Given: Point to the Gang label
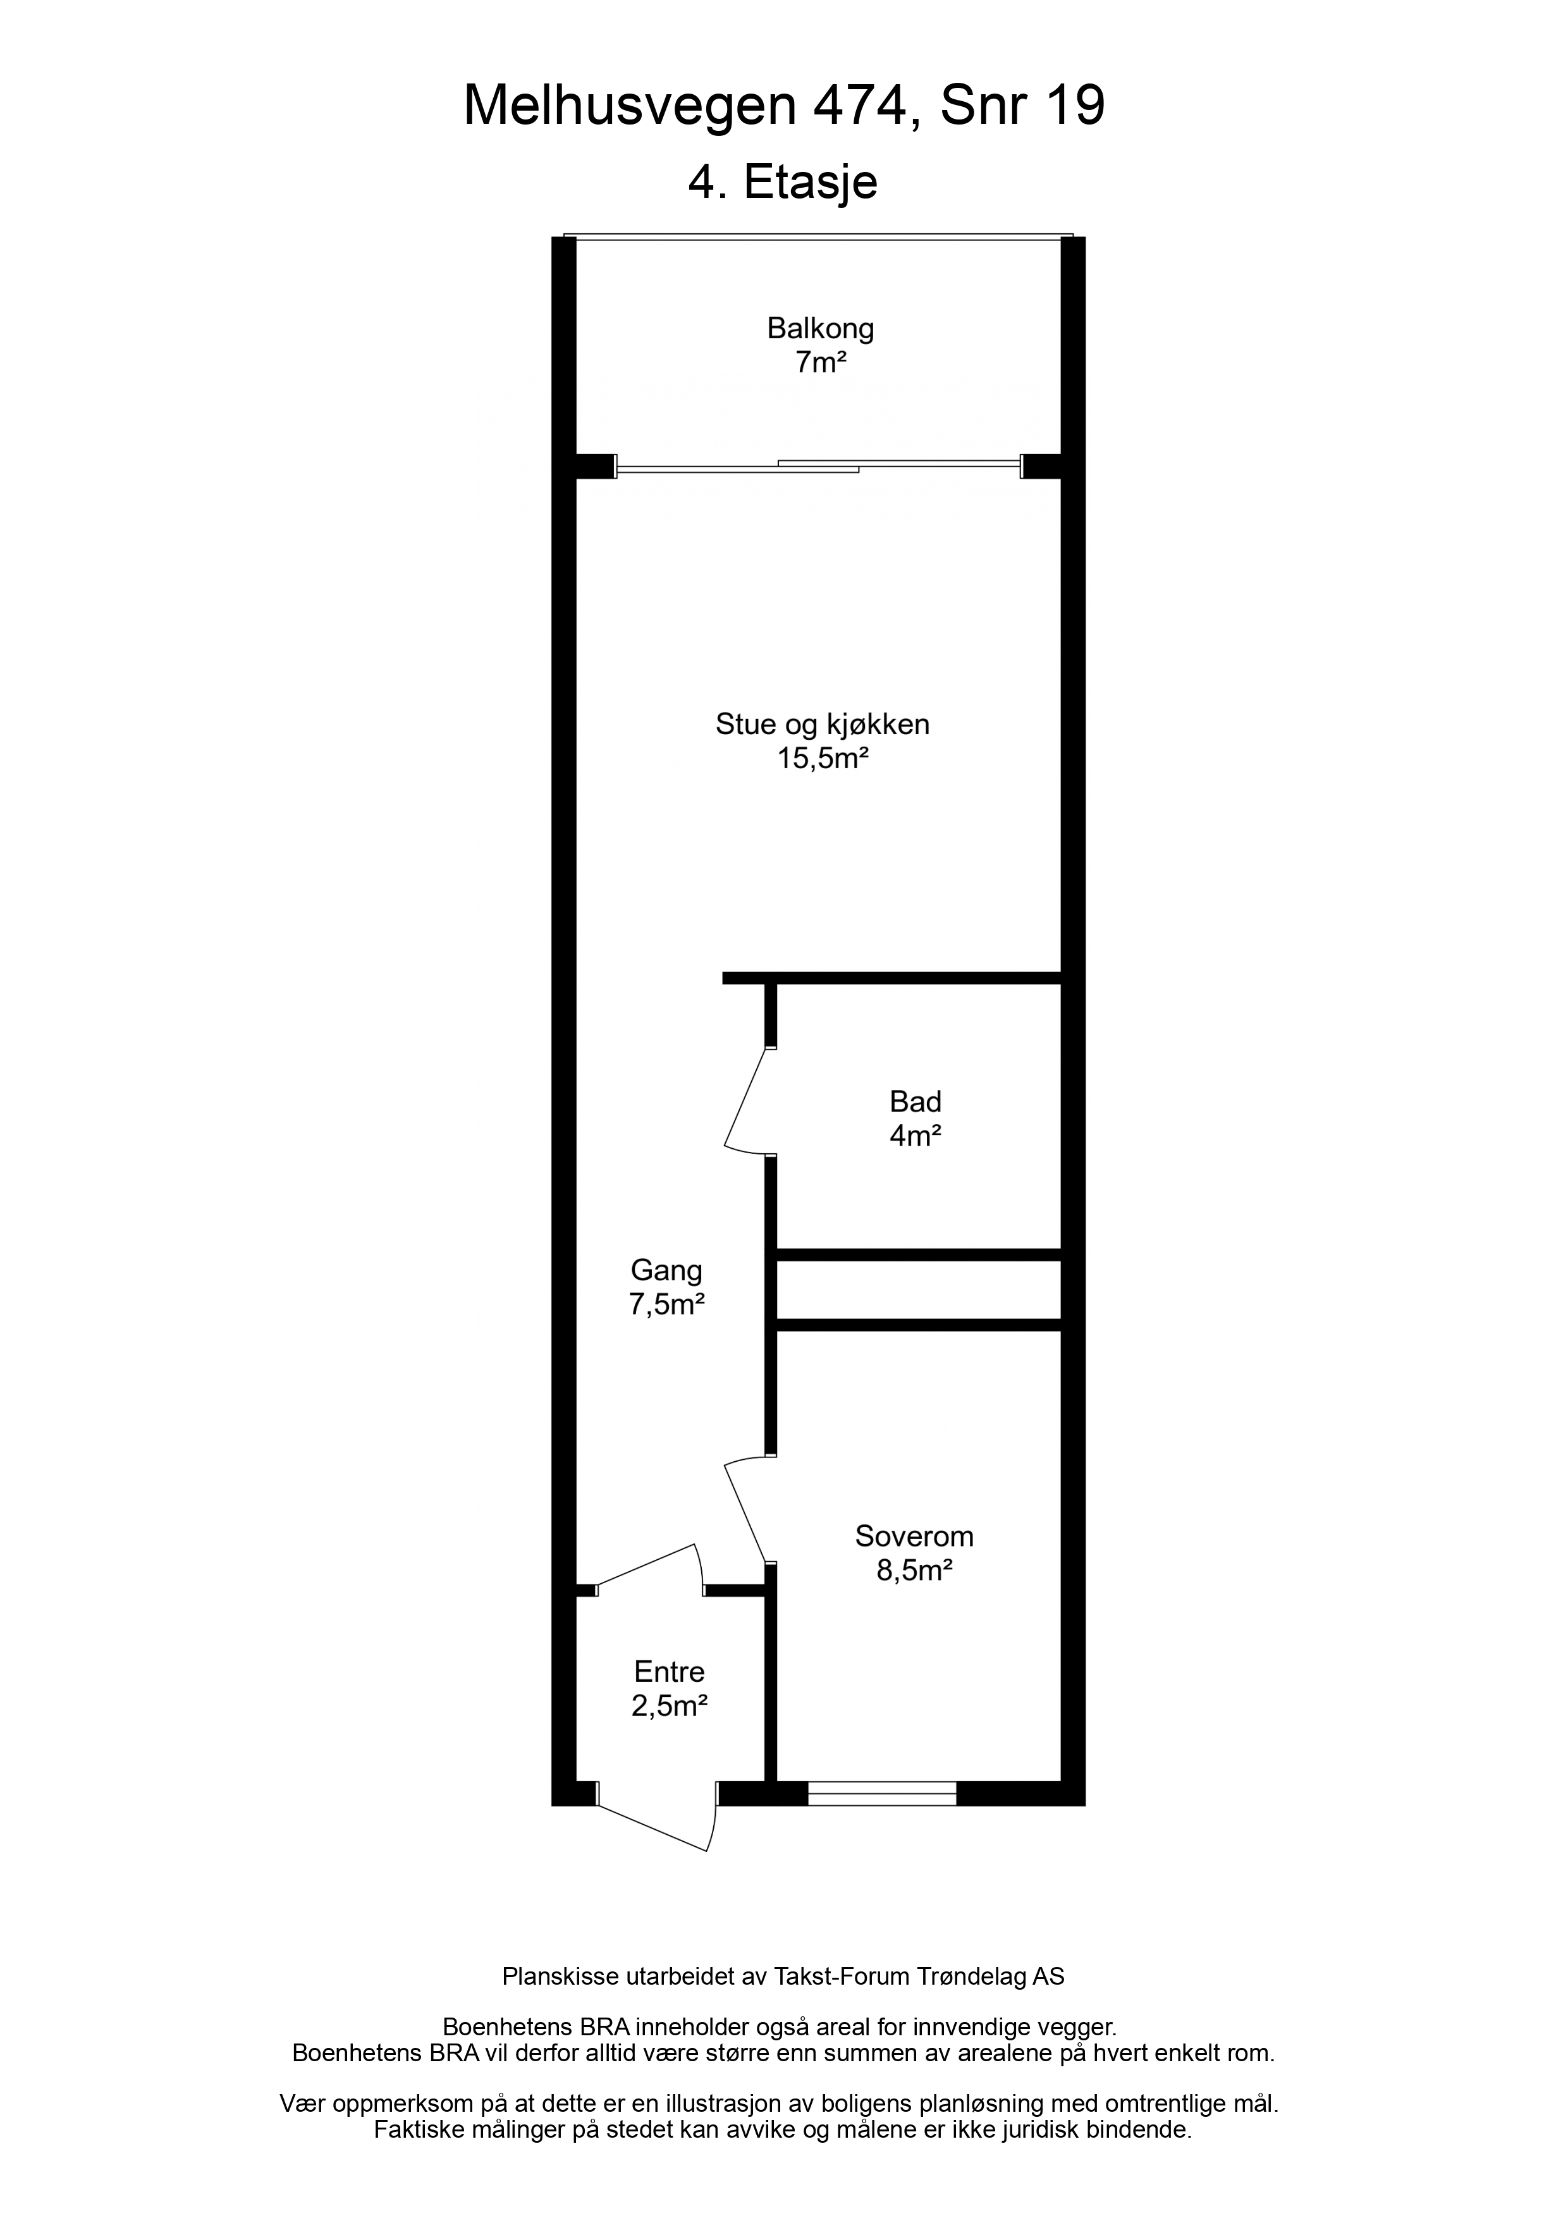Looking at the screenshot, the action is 666,1270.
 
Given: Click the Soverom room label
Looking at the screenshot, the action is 914,1536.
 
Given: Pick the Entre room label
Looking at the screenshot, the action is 670,1671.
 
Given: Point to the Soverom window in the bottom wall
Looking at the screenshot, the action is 881,1794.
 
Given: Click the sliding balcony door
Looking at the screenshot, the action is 818,467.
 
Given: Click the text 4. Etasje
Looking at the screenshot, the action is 783,183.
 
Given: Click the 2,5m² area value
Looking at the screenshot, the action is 670,1707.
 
